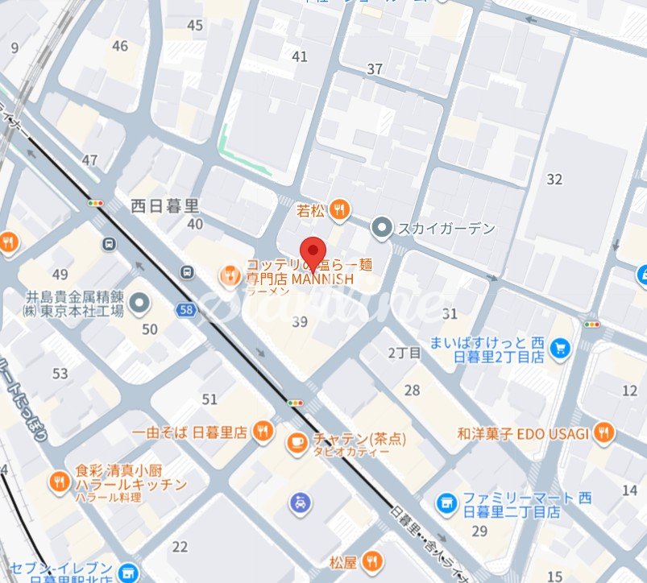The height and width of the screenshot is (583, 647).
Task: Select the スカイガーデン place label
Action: coord(446,229)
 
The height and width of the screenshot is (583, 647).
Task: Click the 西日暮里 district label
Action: coord(164,205)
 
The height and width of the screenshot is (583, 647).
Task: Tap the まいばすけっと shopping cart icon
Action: coord(561,348)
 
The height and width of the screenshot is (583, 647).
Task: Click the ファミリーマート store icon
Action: coord(446,504)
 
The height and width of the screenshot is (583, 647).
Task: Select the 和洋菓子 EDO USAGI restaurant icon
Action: coord(603,433)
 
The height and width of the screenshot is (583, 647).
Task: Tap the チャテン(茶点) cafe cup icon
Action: coord(297,441)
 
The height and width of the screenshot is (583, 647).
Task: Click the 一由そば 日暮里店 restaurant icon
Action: coord(261,432)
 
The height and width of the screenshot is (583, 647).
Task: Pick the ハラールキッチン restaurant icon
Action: coord(58,482)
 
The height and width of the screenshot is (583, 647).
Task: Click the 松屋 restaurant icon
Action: coord(371,561)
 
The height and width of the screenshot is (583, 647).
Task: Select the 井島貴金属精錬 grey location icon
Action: coord(140,303)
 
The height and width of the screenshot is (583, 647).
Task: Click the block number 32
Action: coord(554,179)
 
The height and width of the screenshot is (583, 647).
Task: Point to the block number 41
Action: coord(301,56)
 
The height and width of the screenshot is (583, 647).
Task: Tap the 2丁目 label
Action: coord(404,353)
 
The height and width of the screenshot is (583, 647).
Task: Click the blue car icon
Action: coord(299,504)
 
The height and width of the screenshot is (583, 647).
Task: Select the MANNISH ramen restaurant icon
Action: coord(230,276)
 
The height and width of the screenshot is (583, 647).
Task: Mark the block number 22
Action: coord(180,547)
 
